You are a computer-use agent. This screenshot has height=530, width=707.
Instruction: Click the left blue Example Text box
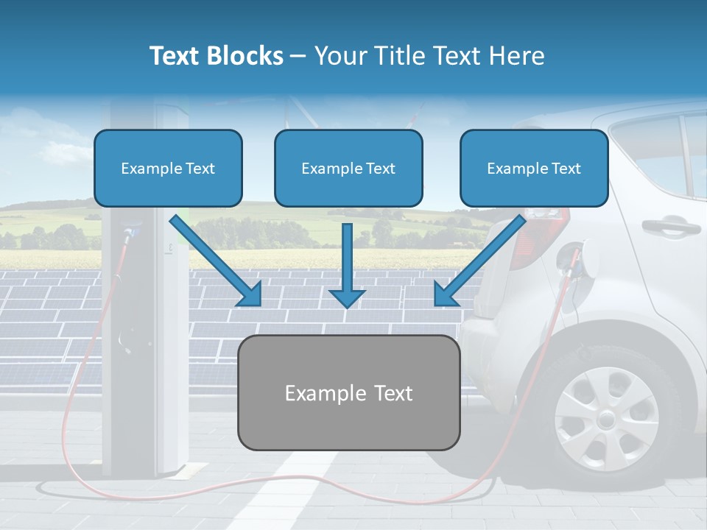tap(168, 168)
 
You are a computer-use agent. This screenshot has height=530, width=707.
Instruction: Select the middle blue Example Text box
tap(348, 168)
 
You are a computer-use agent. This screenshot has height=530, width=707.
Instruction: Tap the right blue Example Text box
tap(534, 168)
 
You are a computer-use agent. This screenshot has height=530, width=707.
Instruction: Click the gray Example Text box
tap(348, 392)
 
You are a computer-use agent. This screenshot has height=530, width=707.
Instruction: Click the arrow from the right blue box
tap(479, 261)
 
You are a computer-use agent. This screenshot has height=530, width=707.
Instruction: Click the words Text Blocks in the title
tap(216, 56)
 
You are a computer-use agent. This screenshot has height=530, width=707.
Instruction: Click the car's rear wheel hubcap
tap(606, 419)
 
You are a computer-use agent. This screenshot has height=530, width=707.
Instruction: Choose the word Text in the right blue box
tap(566, 169)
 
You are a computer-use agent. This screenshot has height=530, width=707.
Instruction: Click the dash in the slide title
tap(298, 56)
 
